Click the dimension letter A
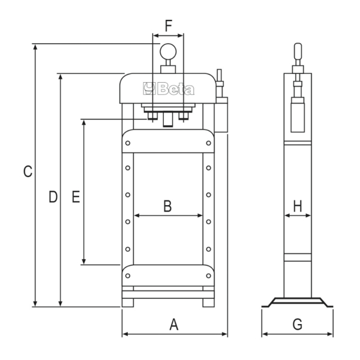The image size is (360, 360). pyautogui.click(x=174, y=325)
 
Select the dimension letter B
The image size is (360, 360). pyautogui.click(x=167, y=206)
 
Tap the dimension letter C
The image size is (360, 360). pyautogui.click(x=28, y=171)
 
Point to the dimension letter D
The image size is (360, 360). pyautogui.click(x=53, y=197)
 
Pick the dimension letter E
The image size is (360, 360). pyautogui.click(x=76, y=197)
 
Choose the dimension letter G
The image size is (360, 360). pyautogui.click(x=298, y=325)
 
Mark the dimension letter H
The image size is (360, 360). pyautogui.click(x=298, y=206)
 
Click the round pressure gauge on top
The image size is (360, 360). pyautogui.click(x=168, y=52)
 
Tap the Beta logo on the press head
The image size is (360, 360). pyautogui.click(x=169, y=89)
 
